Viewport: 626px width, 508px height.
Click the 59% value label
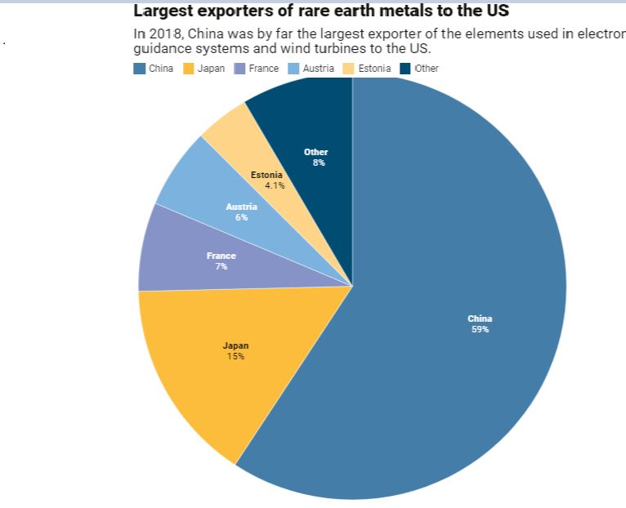pos(480,330)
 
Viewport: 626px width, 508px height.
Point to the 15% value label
pos(235,357)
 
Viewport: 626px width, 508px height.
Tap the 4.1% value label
pos(275,185)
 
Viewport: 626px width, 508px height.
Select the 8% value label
pos(318,163)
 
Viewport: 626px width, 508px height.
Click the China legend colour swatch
pos(140,69)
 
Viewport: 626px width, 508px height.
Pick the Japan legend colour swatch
pos(188,69)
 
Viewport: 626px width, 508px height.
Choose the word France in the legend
pos(263,69)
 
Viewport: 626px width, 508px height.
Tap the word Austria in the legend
pos(318,69)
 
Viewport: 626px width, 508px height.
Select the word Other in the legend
pos(426,69)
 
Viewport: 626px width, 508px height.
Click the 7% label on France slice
pos(221,267)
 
